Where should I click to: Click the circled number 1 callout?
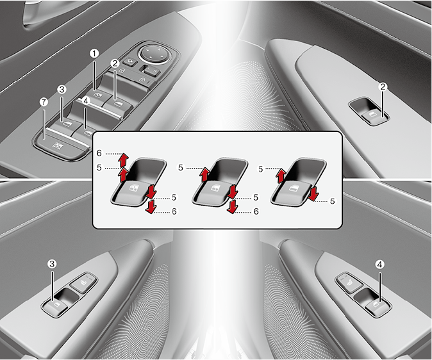tap(94, 53)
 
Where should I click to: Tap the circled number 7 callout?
tap(43, 102)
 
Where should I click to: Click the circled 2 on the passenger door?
tap(383, 87)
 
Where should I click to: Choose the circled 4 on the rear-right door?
tap(379, 265)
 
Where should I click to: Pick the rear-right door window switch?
tap(377, 306)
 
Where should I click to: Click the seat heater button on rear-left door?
tap(83, 283)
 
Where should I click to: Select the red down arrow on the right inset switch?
tap(313, 193)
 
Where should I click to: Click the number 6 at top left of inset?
tap(99, 153)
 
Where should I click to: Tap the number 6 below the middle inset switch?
tap(256, 211)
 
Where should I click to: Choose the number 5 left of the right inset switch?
tap(261, 169)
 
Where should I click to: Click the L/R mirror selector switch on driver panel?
tap(151, 71)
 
